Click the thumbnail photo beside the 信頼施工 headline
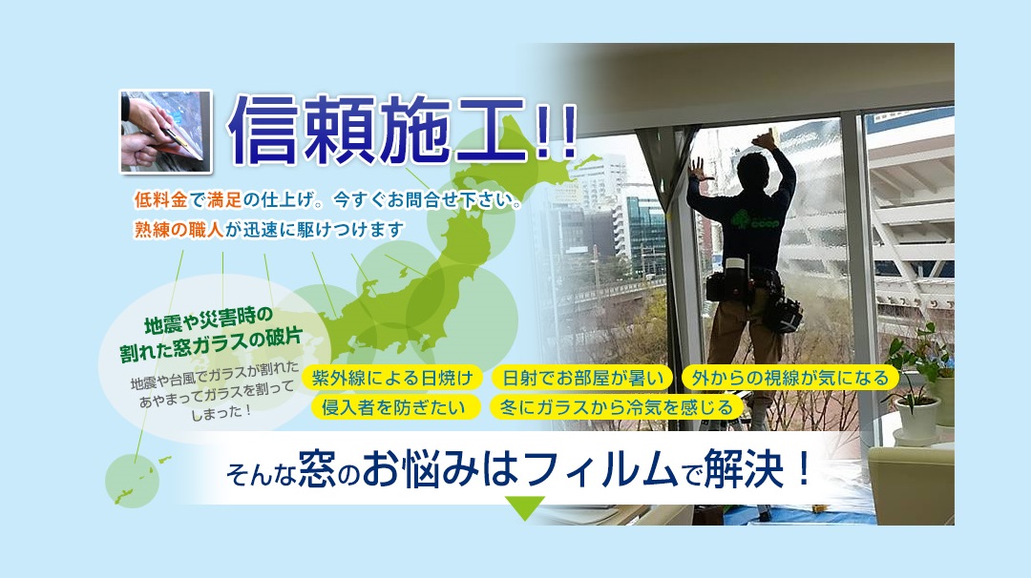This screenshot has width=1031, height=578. (166, 132)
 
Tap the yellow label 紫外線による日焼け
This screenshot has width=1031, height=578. (392, 378)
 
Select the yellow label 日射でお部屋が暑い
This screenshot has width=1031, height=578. (582, 378)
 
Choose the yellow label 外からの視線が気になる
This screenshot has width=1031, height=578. (789, 378)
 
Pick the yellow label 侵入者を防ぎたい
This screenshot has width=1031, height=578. (393, 407)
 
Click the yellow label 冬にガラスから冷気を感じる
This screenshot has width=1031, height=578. (616, 407)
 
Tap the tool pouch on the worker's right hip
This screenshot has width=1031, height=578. (783, 311)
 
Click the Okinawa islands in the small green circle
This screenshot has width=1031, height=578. (138, 481)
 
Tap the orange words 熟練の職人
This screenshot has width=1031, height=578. (179, 229)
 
